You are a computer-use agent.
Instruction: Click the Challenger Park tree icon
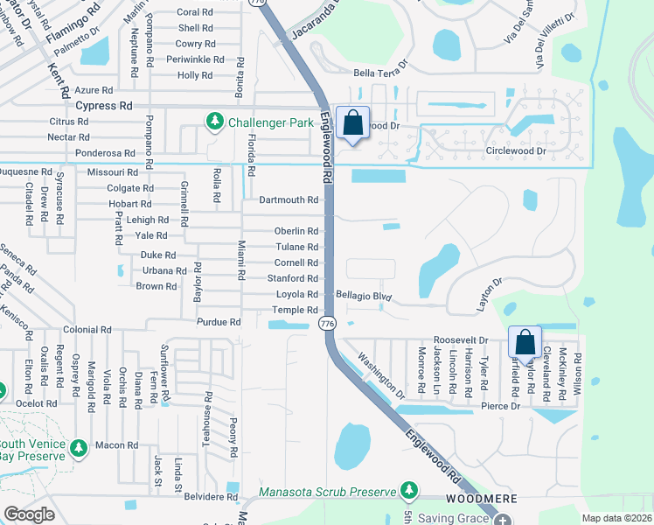pyautogui.click(x=215, y=122)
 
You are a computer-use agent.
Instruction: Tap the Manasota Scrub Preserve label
pyautogui.click(x=328, y=491)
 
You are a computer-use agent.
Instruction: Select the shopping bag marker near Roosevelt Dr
pyautogui.click(x=525, y=343)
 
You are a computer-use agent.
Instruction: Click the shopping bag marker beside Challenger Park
pyautogui.click(x=352, y=124)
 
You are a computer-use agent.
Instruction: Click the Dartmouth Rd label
pyautogui.click(x=289, y=199)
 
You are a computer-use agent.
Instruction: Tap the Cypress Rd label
pyautogui.click(x=103, y=106)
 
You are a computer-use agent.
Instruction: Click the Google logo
pyautogui.click(x=29, y=514)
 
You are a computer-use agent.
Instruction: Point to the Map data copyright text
pyautogui.click(x=617, y=518)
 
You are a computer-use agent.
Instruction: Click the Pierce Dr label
pyautogui.click(x=502, y=406)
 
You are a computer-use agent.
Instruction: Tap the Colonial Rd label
pyautogui.click(x=87, y=330)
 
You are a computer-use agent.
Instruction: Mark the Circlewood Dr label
pyautogui.click(x=515, y=150)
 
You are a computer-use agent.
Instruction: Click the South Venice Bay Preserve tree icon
pyautogui.click(x=80, y=448)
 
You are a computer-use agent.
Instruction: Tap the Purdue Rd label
pyautogui.click(x=219, y=322)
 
